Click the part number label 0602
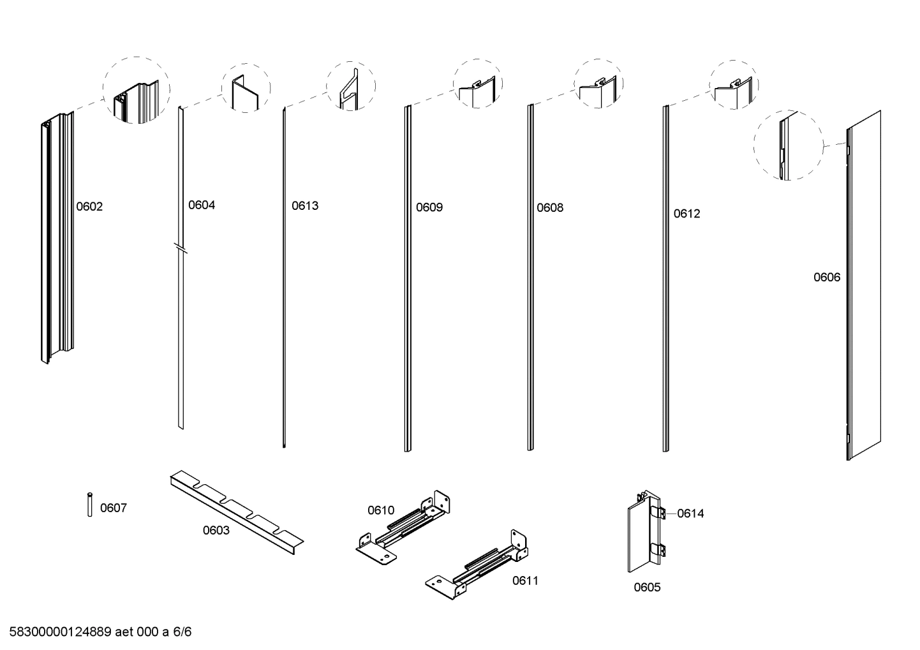89,207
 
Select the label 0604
202,205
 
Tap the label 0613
305,206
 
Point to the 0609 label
429,207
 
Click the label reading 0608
550,208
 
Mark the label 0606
827,277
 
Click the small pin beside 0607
90,504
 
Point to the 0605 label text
647,587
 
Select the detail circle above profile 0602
137,90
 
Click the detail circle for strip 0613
351,86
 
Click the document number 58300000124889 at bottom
61,632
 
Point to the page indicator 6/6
182,632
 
